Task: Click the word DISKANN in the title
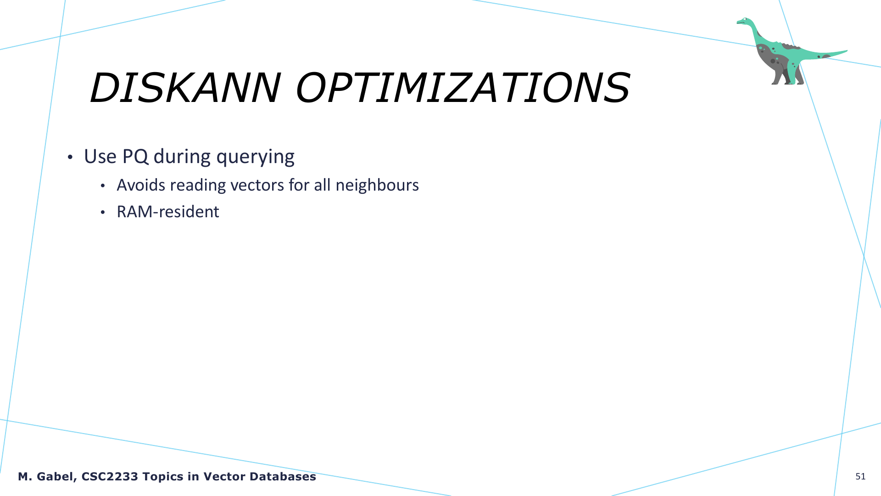pos(185,88)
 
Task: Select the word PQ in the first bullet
pos(135,157)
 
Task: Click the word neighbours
pos(377,185)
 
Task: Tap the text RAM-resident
pos(168,212)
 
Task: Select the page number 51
pos(860,477)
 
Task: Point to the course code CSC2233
pos(110,477)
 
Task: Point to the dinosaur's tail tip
pos(847,51)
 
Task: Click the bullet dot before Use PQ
pos(70,158)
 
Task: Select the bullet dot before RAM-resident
pos(103,212)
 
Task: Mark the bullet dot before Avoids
pos(103,186)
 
